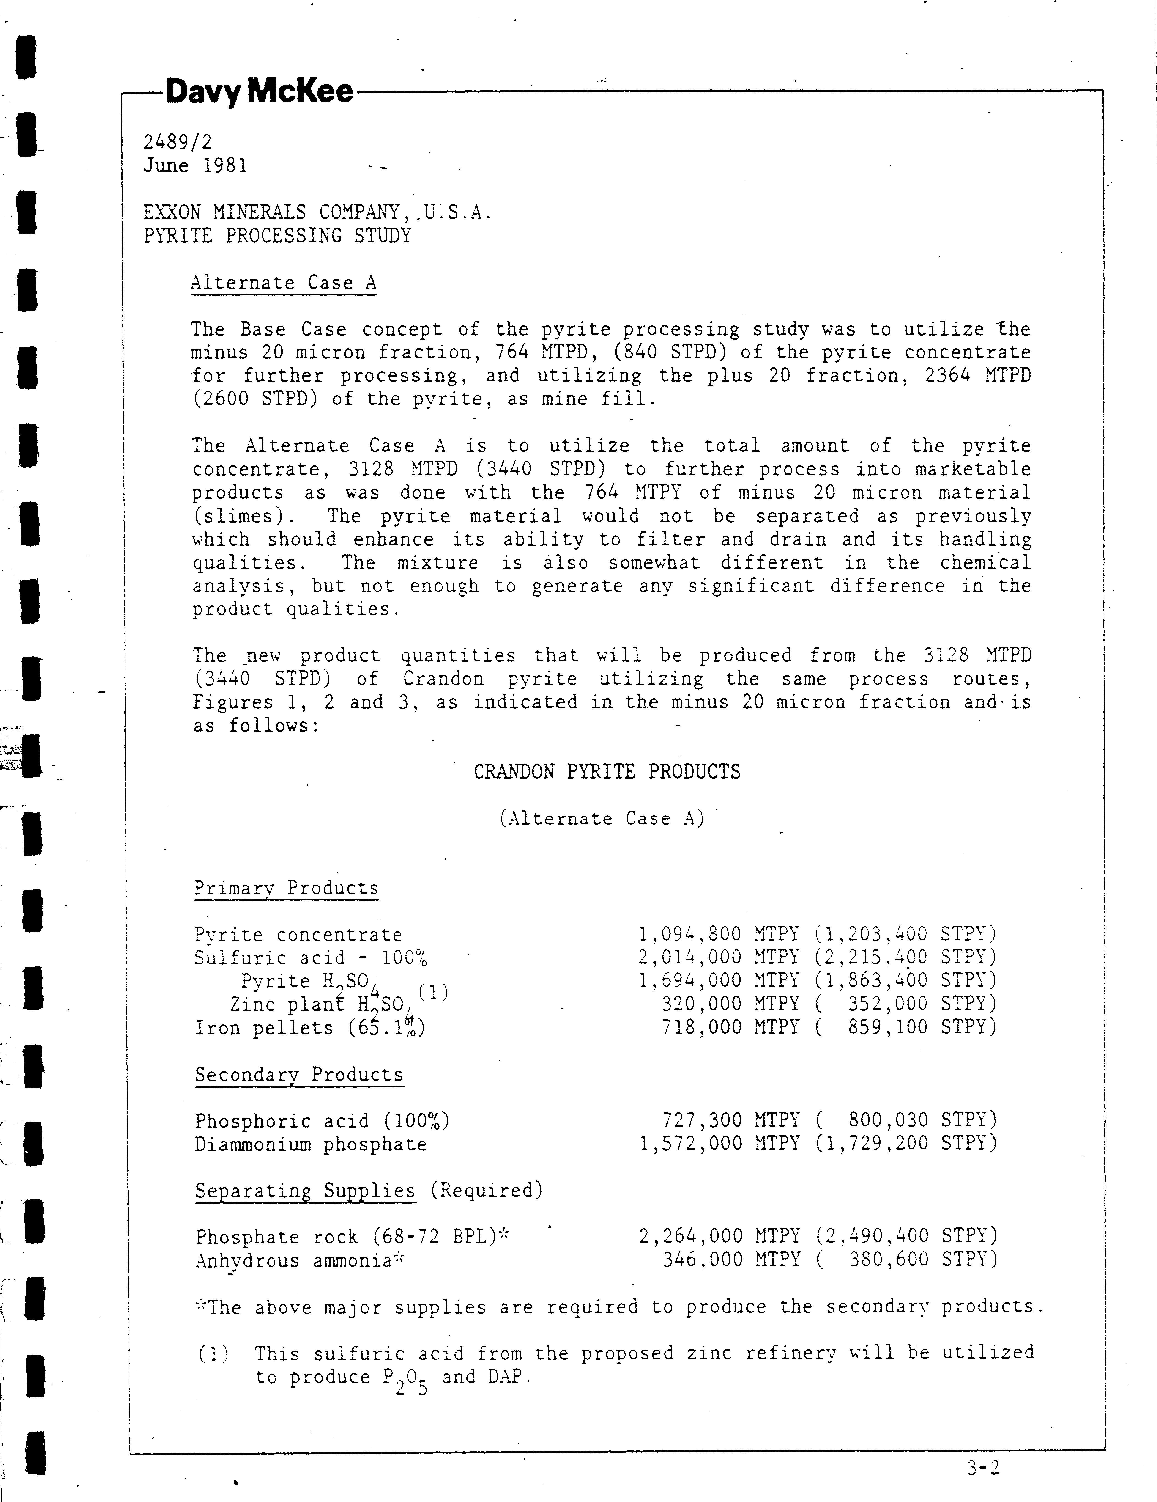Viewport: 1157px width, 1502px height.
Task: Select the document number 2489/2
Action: (x=177, y=142)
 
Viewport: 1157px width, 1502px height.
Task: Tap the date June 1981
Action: (x=195, y=166)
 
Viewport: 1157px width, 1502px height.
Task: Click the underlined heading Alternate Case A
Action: (x=283, y=283)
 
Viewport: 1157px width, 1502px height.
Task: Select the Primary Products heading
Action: (x=286, y=888)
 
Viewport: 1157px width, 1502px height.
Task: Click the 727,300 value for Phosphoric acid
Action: (x=701, y=1120)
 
